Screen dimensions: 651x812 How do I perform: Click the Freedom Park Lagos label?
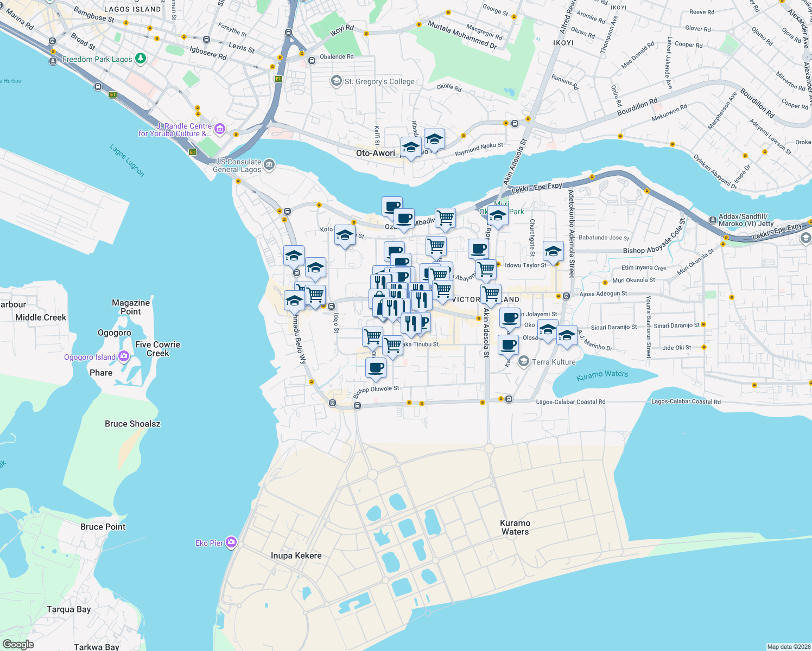97,59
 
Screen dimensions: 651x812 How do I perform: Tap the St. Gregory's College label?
379,81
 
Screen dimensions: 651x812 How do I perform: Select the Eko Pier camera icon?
231,542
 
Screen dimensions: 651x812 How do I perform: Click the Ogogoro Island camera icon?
124,356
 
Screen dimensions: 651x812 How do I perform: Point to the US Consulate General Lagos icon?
269,164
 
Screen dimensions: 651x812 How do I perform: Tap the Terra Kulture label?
553,362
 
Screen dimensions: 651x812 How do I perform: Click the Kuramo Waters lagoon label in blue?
602,374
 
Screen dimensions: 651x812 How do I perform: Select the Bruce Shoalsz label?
132,424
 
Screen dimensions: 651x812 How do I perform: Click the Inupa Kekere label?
296,556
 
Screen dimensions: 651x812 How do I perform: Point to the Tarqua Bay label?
68,609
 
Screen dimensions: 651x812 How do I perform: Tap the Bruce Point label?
103,527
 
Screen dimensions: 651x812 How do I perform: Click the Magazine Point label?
131,307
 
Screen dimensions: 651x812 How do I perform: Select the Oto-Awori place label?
376,153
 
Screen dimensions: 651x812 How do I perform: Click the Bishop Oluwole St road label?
377,391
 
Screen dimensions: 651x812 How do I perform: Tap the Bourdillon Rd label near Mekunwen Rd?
637,107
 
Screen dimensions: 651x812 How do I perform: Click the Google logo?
18,644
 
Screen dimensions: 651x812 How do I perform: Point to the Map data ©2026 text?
789,647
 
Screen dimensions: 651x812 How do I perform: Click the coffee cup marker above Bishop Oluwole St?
376,368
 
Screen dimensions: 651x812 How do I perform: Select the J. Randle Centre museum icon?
220,129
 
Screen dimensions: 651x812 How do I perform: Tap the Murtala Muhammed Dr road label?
462,35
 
